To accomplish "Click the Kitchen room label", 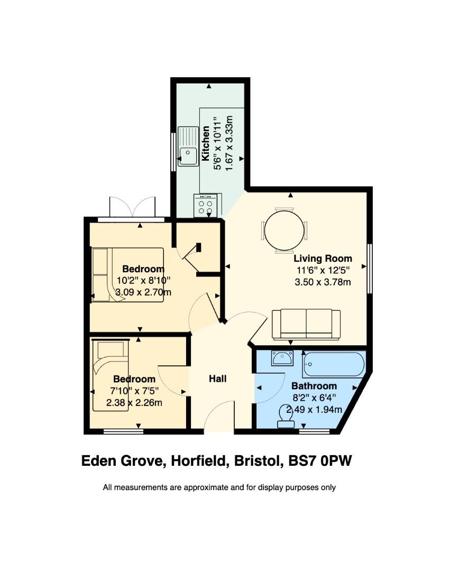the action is (206, 143).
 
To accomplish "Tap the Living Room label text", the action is (323, 259).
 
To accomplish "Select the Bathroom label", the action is (314, 386).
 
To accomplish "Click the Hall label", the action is (218, 379).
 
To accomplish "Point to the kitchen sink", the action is (188, 146).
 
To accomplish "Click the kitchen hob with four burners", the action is (205, 205).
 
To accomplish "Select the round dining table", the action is (284, 230).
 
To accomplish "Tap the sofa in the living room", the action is (306, 325).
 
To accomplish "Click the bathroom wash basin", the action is (282, 358).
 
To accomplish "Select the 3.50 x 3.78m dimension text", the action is (323, 282).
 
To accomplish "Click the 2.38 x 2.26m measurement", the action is (134, 403).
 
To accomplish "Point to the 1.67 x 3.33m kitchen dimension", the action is (229, 143).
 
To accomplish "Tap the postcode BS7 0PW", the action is (320, 461).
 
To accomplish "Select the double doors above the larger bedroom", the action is (133, 207).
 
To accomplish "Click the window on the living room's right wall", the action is (370, 269).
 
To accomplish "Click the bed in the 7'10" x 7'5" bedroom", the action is (111, 375).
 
